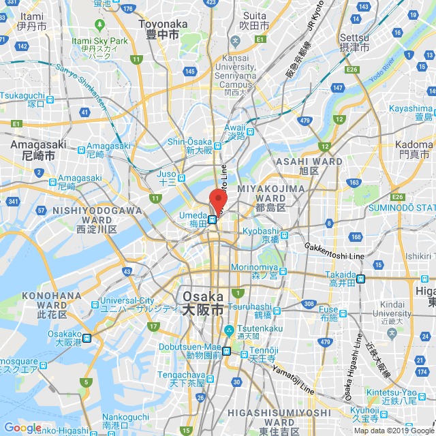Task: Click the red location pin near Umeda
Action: click(x=218, y=200)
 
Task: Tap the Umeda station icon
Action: click(x=213, y=220)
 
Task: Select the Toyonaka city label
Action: click(x=159, y=29)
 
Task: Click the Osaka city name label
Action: click(x=202, y=303)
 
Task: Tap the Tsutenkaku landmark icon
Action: click(x=230, y=331)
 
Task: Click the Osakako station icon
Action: click(x=87, y=337)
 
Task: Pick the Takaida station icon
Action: click(x=361, y=278)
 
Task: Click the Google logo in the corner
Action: click(x=22, y=427)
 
